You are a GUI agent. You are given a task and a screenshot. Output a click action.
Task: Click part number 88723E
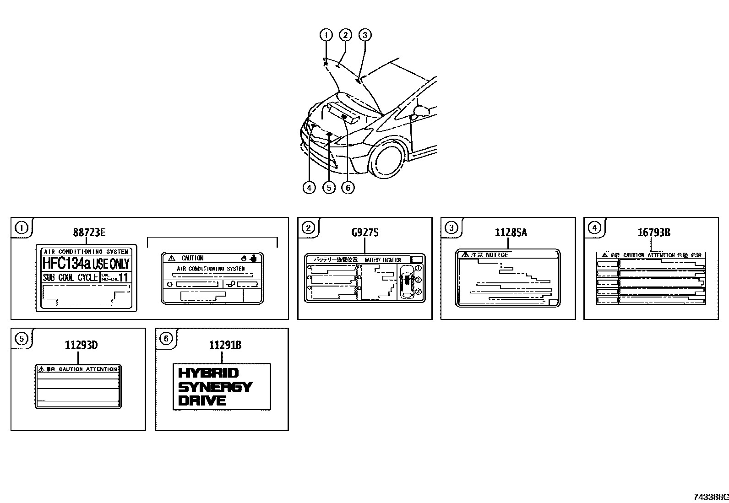coord(89,233)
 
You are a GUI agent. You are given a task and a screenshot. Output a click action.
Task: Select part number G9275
coord(364,233)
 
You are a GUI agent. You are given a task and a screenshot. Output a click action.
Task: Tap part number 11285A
coord(510,233)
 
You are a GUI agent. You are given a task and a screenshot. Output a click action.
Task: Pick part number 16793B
coord(653,233)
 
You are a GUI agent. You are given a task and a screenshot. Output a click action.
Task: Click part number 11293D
coord(81,345)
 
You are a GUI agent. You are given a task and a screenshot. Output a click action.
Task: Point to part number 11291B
coord(225,345)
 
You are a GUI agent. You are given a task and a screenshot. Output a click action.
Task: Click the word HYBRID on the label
coord(208,373)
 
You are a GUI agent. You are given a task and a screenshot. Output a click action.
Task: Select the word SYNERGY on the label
coord(215,387)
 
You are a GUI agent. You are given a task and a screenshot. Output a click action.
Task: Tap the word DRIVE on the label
coord(202,401)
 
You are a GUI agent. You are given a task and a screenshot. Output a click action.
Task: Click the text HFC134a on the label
coord(66,263)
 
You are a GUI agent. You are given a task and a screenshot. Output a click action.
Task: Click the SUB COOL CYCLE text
coord(70,277)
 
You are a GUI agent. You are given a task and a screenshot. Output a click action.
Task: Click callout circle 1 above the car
coord(326,35)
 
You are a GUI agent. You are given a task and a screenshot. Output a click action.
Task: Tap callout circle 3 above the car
coord(364,35)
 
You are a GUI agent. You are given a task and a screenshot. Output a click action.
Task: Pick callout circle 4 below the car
coord(309,187)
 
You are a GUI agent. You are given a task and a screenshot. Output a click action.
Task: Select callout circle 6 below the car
coord(348,187)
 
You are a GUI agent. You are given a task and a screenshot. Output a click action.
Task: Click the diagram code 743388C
coord(710,497)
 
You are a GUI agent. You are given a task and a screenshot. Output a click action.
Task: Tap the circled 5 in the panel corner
coord(21,338)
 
